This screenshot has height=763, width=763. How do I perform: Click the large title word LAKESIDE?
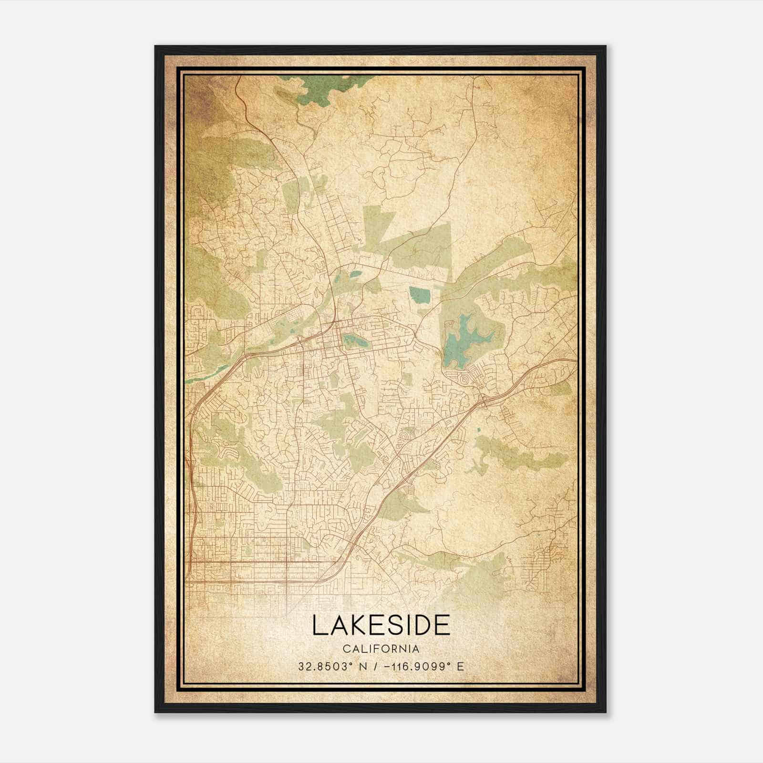[381, 625]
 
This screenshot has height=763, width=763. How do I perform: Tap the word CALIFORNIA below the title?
[381, 649]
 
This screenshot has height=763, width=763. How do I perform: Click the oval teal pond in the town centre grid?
[353, 340]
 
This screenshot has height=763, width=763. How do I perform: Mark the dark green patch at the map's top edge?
[324, 88]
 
